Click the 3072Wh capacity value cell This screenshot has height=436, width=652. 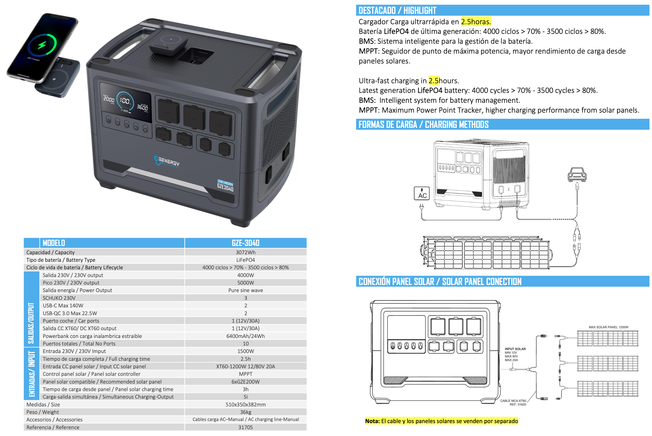(x=246, y=252)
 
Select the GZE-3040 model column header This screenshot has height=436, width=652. (x=246, y=243)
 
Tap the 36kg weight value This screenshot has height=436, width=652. (x=246, y=412)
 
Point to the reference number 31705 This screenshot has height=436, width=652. (x=246, y=427)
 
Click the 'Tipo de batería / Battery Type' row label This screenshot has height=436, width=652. (x=61, y=260)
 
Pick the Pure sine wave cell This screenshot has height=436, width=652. (x=246, y=290)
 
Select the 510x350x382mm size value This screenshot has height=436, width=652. (x=246, y=404)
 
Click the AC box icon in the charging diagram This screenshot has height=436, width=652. (x=422, y=193)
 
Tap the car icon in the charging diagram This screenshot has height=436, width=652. (x=577, y=175)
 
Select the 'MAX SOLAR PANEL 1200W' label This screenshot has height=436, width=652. (x=608, y=327)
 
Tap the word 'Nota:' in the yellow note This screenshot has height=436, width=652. (x=372, y=421)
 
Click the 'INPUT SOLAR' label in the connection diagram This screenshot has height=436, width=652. (x=515, y=349)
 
